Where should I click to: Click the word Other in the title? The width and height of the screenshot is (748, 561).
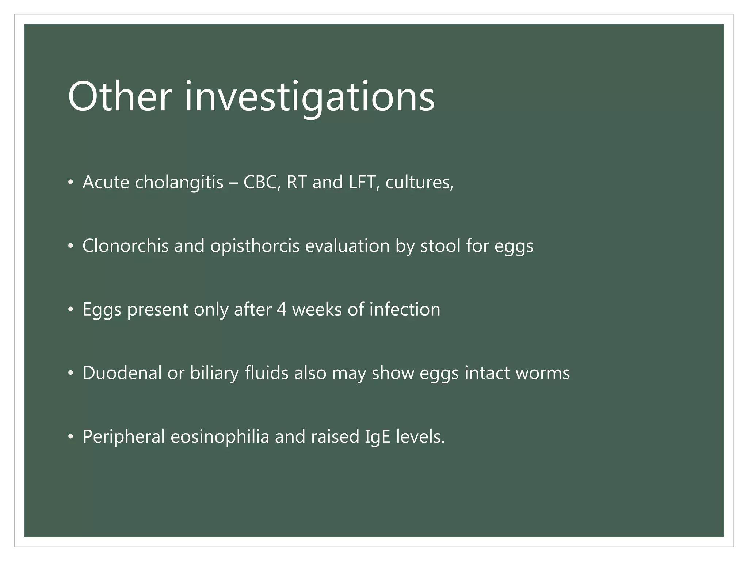pos(119,97)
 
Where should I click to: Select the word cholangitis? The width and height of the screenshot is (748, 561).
pos(179,182)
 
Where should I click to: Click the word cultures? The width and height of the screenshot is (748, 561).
pos(419,182)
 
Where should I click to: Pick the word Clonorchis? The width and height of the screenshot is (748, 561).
pos(125,246)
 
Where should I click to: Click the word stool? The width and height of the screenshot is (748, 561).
pos(440,246)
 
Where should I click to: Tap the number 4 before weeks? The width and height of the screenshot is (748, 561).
pos(281,310)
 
